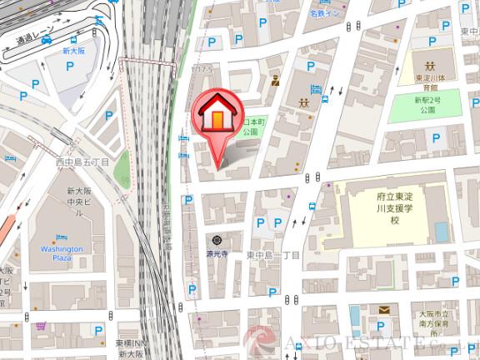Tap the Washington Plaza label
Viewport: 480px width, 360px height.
(62, 253)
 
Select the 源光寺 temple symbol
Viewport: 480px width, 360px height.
(217, 240)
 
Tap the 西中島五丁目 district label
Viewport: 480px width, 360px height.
(82, 162)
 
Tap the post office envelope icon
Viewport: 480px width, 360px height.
(383, 310)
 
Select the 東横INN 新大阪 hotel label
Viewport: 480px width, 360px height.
(132, 348)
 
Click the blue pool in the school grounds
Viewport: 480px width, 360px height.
(441, 227)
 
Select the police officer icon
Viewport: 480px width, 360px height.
(277, 81)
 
